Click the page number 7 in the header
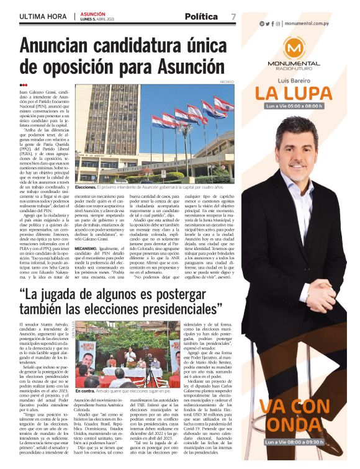coord(233,17)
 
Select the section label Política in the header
coord(201,17)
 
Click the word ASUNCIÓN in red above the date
coord(92,13)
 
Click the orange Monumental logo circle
coord(294,49)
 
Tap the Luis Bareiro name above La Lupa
coord(293,81)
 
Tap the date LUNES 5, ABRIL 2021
coord(97,19)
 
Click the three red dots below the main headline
coord(24,86)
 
